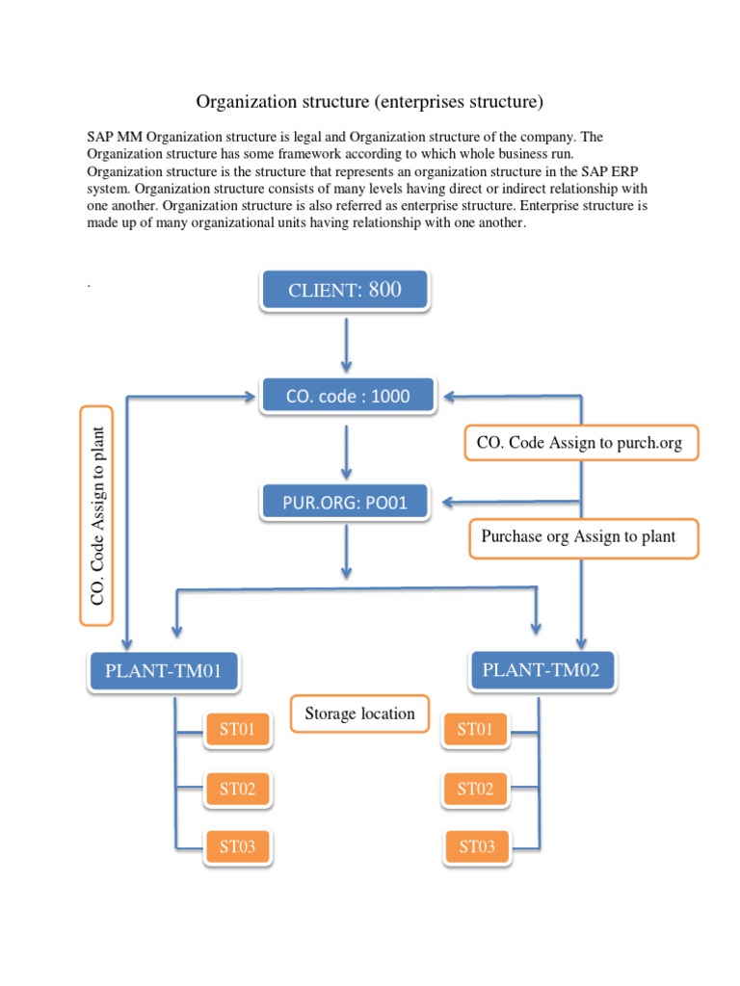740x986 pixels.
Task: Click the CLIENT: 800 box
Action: pos(345,291)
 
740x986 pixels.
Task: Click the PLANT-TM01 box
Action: pos(163,671)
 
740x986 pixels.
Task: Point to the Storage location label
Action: pos(359,714)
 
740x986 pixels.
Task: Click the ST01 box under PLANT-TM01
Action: pos(237,730)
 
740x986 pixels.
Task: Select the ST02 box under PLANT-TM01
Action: pos(237,790)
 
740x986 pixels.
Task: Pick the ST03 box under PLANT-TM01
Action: pos(237,847)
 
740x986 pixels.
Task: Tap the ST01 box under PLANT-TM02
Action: pos(476,730)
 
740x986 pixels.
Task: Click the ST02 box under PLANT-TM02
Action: pos(476,790)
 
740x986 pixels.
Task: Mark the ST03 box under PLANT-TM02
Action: pos(476,847)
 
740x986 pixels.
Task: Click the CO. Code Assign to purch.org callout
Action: pos(580,443)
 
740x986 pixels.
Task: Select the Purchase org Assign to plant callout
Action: pos(584,537)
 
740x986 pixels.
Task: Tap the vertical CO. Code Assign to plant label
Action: pos(96,515)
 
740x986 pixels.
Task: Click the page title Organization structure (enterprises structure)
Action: pos(370,101)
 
